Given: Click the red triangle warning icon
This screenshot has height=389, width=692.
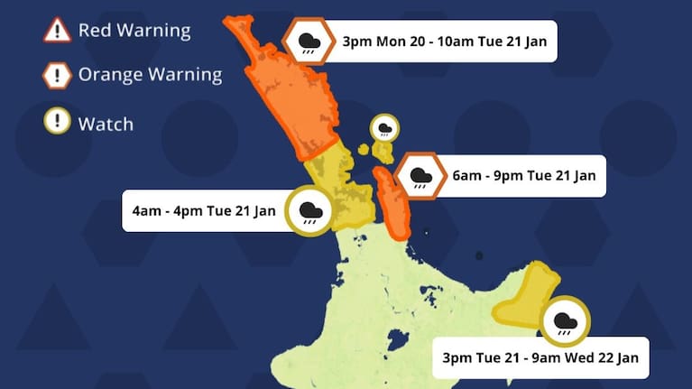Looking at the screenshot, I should (57, 30).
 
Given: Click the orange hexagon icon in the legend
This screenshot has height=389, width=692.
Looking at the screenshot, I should (57, 75).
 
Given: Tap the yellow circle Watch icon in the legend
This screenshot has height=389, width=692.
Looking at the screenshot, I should (57, 121).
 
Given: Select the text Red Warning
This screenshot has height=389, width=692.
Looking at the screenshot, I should (134, 30).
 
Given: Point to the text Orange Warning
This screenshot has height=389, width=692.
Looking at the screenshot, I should (150, 75).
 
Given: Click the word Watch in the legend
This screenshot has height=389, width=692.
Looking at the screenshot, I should (106, 124).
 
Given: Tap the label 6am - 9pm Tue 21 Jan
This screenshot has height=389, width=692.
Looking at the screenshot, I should (524, 176).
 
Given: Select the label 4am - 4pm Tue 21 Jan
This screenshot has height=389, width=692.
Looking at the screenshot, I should (203, 210).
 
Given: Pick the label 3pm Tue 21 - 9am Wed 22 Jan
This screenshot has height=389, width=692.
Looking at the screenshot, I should (540, 357).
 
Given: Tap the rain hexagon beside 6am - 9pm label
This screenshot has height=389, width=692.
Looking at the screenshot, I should (420, 176).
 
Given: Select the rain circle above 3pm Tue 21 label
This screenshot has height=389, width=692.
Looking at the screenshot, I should (566, 321).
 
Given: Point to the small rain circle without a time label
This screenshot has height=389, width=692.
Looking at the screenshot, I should (385, 128).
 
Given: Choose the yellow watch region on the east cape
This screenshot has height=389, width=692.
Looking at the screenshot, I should (529, 293).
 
